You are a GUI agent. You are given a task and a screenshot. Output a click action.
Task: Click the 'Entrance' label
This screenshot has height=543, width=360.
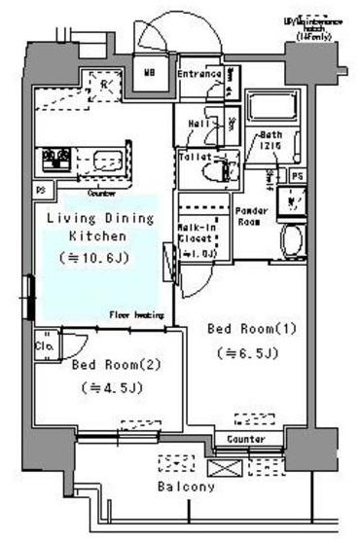(199, 74)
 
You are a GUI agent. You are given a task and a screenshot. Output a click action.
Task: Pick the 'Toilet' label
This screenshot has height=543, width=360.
(195, 156)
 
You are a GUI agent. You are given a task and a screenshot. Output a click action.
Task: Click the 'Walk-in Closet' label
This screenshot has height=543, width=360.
(197, 232)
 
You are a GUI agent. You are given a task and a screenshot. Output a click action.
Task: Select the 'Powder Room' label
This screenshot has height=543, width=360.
(251, 215)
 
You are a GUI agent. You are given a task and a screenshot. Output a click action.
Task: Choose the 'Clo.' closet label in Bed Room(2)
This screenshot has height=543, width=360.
(45, 345)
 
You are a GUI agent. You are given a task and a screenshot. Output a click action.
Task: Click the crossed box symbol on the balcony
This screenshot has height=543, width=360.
(223, 467)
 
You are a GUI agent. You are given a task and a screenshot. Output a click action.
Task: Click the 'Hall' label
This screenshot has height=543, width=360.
(198, 125)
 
